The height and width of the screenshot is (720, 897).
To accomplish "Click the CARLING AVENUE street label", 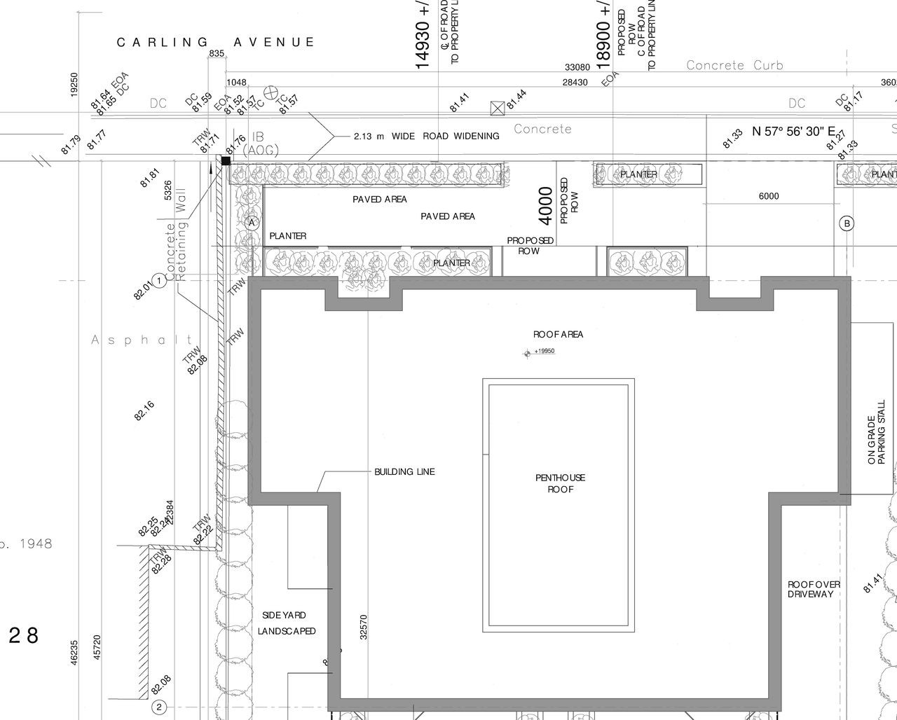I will (216, 43).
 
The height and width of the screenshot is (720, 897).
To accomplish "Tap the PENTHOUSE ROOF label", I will (560, 483).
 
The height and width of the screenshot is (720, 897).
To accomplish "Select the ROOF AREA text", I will (558, 335).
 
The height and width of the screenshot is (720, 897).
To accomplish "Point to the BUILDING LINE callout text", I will (404, 472).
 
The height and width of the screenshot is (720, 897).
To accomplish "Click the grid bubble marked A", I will (253, 223).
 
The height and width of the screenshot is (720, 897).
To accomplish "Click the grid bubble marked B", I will (847, 223).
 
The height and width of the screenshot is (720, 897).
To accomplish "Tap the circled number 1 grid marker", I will (160, 281).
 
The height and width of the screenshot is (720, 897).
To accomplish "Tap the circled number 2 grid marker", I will (159, 707).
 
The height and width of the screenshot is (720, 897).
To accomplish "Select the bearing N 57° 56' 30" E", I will (794, 132).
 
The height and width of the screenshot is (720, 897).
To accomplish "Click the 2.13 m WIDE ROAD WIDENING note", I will (426, 136).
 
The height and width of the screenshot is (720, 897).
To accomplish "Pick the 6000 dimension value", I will (769, 196).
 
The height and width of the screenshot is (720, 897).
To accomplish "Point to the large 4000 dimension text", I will (546, 205).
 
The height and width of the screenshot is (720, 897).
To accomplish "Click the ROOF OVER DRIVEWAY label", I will (814, 589).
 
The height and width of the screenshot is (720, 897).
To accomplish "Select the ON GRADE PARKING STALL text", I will (876, 440).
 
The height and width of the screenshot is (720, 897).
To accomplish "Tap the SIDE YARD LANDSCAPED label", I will (286, 623).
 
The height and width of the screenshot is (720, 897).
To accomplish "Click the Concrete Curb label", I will (734, 65).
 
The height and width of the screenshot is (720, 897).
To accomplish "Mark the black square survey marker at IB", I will (226, 161).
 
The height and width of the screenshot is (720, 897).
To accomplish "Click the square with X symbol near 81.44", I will (497, 108).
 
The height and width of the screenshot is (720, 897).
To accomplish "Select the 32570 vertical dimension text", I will (363, 627).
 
